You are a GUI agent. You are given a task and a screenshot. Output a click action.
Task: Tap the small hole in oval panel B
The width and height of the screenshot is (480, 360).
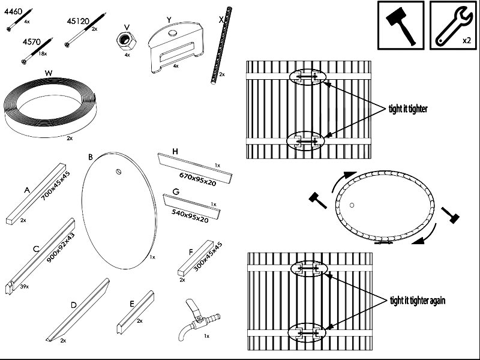pos(119,172)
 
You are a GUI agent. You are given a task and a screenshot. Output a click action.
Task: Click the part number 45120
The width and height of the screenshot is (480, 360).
pos(78,21)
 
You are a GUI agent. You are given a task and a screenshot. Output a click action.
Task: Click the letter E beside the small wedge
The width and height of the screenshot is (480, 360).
pos(132,304)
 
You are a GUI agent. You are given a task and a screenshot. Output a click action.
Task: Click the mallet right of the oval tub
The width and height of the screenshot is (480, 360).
pos(451,215)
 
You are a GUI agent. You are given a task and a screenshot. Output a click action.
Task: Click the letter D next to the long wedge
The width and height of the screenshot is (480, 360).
pos(73,305)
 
